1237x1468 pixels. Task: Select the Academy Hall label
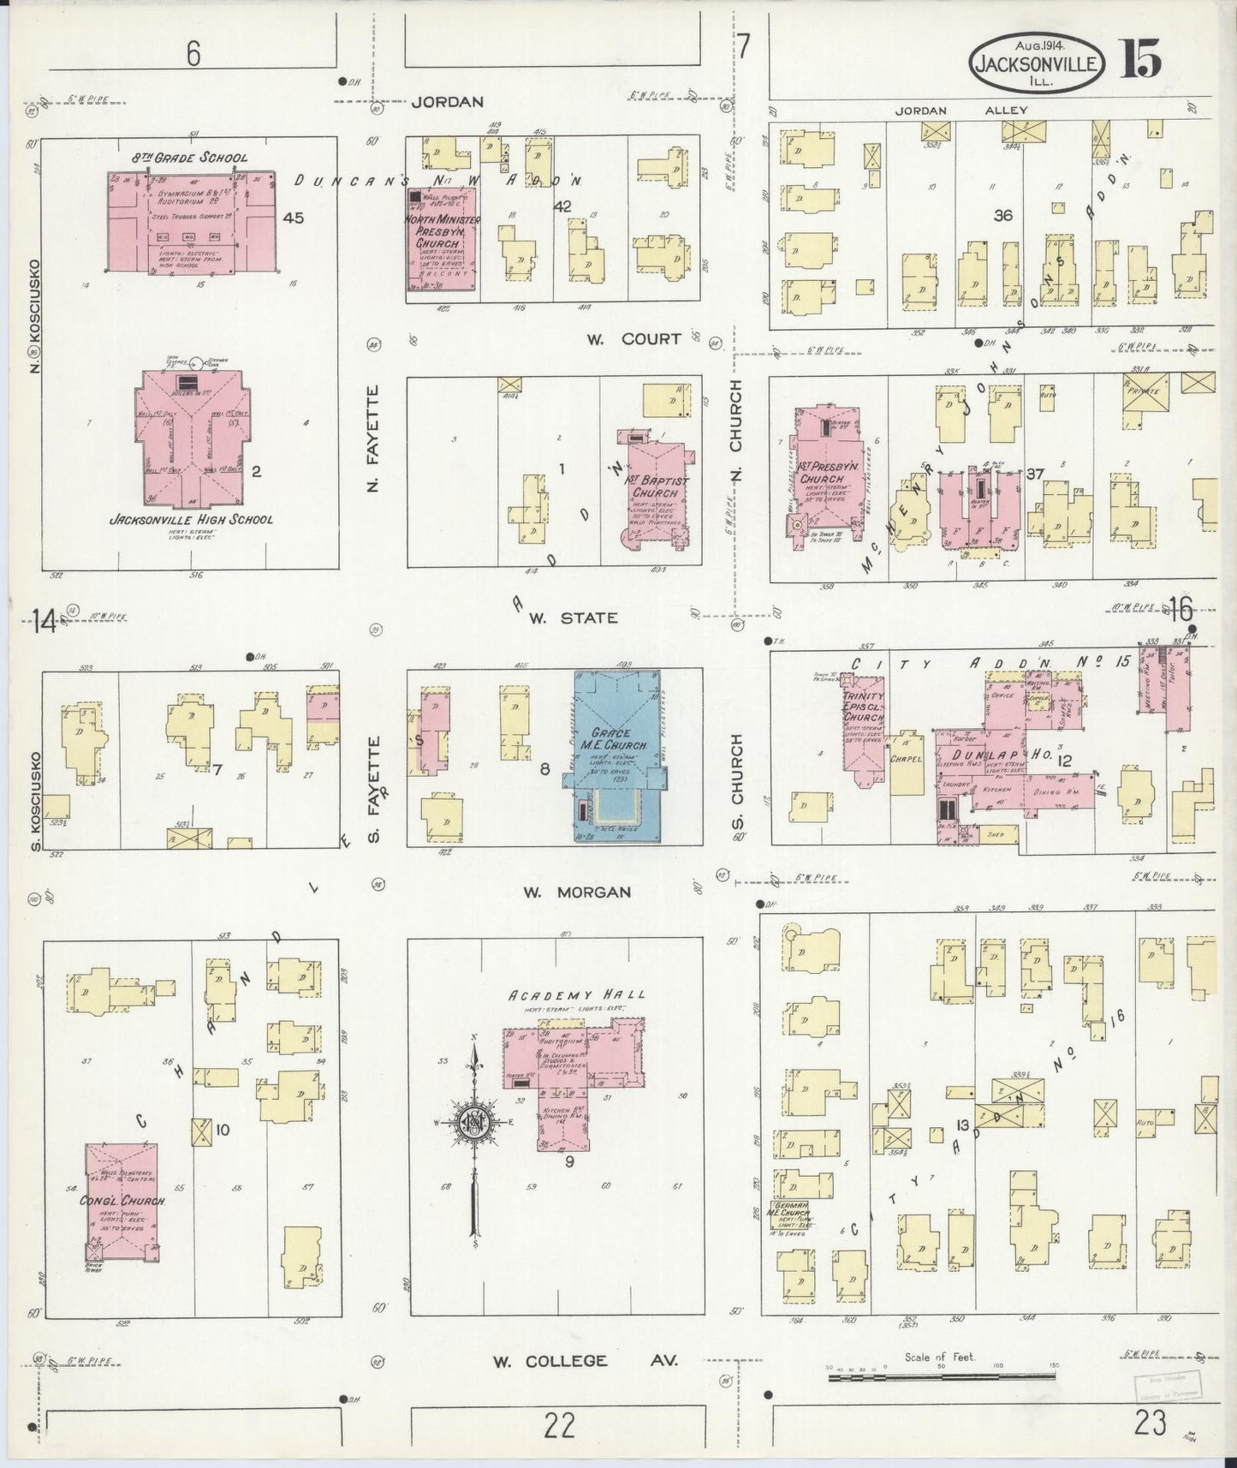point(578,994)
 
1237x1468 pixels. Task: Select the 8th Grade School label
point(190,158)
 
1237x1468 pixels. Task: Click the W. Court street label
point(633,339)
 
